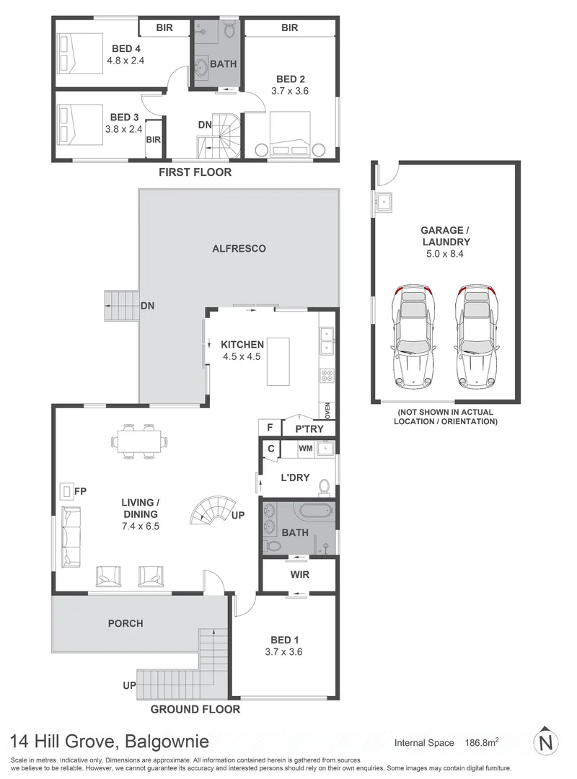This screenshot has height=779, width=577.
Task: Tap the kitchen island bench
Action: pyautogui.click(x=278, y=361)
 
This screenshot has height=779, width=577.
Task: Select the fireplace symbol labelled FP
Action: pyautogui.click(x=67, y=492)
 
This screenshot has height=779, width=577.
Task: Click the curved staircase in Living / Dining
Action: pyautogui.click(x=213, y=510)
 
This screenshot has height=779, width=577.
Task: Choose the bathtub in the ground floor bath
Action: pyautogui.click(x=308, y=511)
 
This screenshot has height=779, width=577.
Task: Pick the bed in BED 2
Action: pyautogui.click(x=291, y=136)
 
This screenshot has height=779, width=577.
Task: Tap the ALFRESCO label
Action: pyautogui.click(x=238, y=248)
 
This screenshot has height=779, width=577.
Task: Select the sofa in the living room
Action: pyautogui.click(x=71, y=536)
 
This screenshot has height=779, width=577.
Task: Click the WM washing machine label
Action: pyautogui.click(x=305, y=449)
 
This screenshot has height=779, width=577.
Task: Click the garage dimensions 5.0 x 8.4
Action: pyautogui.click(x=445, y=254)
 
